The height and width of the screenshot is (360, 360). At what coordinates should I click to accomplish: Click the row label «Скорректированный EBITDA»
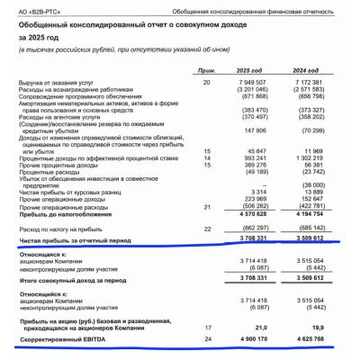point(62,339)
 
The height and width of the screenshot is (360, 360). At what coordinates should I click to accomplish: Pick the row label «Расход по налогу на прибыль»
point(60,229)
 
